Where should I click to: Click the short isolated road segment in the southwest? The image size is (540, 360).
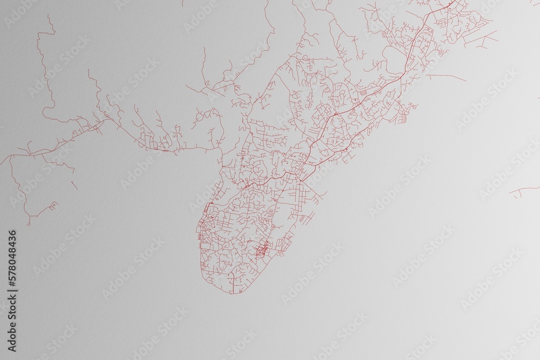(x=75, y=185)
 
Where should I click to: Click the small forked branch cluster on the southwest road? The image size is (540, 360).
(x=52, y=206)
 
